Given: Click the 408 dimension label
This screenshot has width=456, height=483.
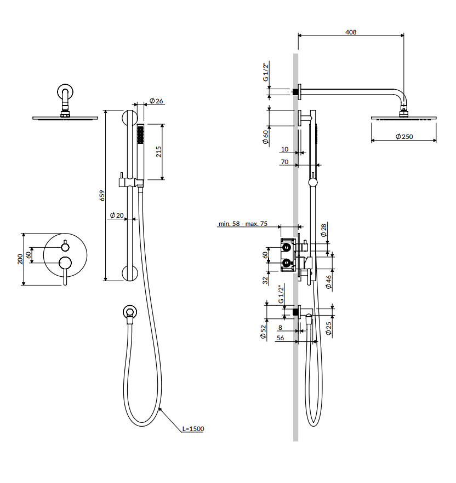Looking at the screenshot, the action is click(x=351, y=32).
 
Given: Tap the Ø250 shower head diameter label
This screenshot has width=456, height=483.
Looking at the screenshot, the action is click(x=404, y=136).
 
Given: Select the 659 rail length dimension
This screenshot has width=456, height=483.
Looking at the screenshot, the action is click(x=102, y=196).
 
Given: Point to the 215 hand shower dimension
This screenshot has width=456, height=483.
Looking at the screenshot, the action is click(x=158, y=152).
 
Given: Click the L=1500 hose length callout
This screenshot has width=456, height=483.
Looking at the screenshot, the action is click(x=193, y=428).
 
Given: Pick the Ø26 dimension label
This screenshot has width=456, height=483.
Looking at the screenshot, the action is click(x=156, y=101).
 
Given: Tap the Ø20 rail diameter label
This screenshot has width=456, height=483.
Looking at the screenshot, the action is click(x=117, y=216).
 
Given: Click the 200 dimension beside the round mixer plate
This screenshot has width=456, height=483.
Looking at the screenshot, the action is click(x=20, y=259).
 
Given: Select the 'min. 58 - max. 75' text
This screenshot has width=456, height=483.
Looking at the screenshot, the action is click(x=243, y=224).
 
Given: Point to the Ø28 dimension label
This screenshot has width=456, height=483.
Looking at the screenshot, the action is click(x=323, y=230).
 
